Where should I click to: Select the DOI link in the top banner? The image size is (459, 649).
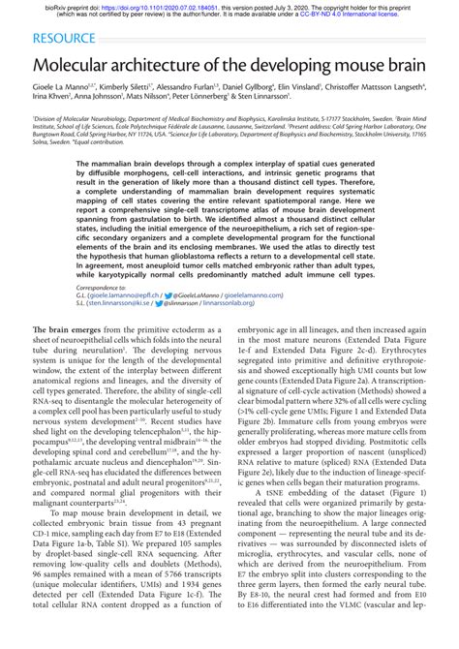point(160,6)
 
